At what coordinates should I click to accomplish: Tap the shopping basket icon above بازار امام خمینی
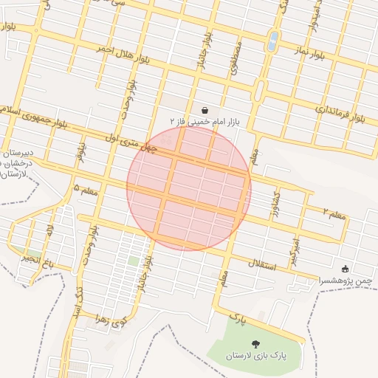[x=204, y=109]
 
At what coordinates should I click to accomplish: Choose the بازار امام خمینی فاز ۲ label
[x=202, y=120]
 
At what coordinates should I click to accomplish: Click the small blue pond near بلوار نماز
[x=274, y=41]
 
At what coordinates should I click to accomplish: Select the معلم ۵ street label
[x=86, y=190]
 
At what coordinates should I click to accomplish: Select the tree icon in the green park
[x=255, y=344]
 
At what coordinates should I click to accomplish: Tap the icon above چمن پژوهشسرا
[x=346, y=269]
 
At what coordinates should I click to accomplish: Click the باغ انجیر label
[x=38, y=260]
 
